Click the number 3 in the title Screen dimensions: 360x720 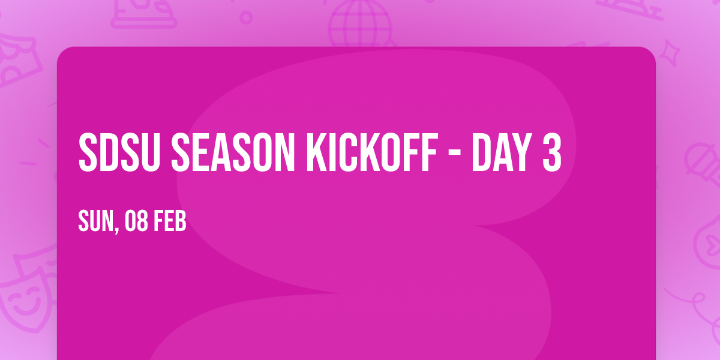tap(550, 153)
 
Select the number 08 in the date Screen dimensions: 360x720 tap(137, 221)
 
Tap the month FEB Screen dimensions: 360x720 tap(170, 221)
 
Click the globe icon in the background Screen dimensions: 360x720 tap(359, 24)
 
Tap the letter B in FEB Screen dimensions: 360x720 tap(181, 221)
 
